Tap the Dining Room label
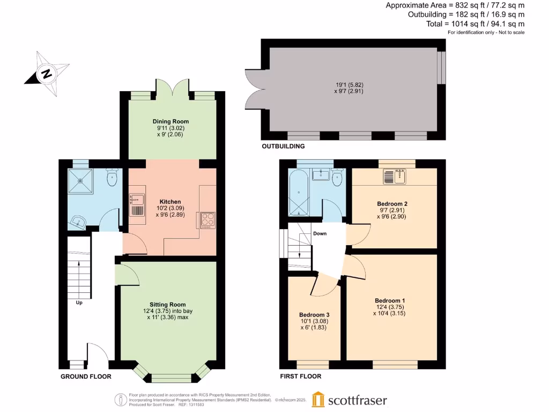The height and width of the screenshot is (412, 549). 170,122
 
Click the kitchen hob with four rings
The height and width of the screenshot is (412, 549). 207,220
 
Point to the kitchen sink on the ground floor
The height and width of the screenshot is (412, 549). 137,205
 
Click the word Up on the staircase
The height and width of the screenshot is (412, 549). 79,302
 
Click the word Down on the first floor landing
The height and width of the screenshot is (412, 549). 320,233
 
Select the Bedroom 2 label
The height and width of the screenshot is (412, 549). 392,204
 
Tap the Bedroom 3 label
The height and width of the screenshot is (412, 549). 314,314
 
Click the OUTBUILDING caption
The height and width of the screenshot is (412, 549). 283,146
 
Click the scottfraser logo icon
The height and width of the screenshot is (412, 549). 318,400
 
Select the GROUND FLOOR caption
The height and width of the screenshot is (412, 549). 86,377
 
